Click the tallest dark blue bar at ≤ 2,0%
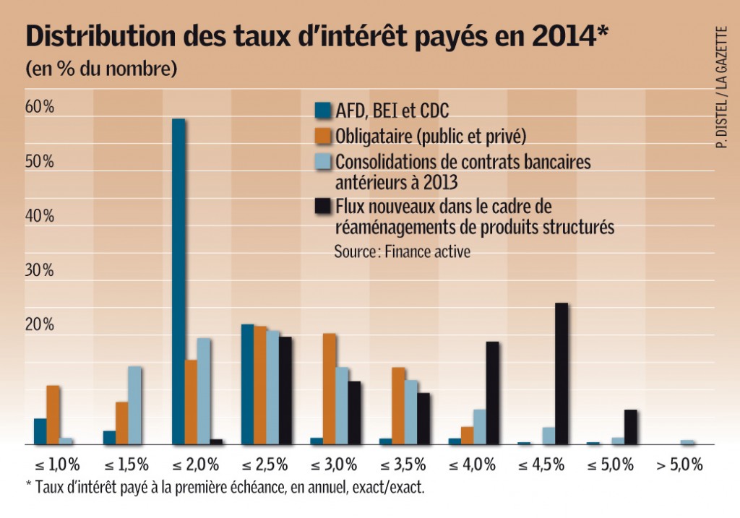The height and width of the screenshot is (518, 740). coord(178,281)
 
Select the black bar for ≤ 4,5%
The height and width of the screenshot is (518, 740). coord(561,374)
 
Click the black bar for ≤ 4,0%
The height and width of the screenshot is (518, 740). coord(492,393)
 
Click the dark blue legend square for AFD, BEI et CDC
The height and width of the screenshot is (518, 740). coord(322,111)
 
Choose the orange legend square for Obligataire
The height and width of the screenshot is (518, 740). coord(322,136)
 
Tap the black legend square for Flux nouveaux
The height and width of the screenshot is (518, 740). coord(322,208)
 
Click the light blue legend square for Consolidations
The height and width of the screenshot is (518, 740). coord(322,160)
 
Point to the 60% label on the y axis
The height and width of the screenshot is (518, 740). coord(40,107)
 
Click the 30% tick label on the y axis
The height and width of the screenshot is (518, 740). coord(40,270)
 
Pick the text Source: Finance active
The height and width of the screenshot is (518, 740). coord(402,252)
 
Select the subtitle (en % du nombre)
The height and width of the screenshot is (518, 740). coord(101,70)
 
